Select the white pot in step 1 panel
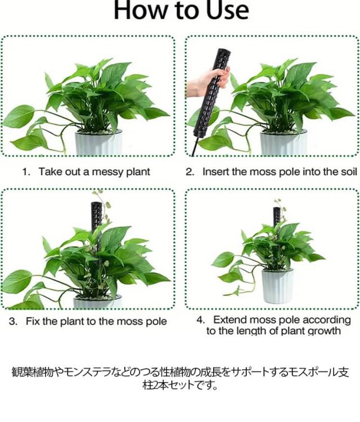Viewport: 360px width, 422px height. (98, 143)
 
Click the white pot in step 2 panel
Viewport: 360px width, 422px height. (283, 143)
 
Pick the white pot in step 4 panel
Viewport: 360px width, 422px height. (277, 286)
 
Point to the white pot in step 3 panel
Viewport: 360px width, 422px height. (97, 302)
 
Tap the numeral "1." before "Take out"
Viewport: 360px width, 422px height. (26, 172)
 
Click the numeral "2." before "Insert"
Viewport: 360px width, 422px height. (190, 172)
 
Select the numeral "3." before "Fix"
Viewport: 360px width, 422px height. (13, 321)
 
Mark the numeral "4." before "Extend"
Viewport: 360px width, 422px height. (201, 320)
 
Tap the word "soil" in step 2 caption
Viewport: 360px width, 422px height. (349, 172)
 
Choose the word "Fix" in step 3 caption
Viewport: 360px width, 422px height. (33, 321)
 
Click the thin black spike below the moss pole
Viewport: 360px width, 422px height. (195, 146)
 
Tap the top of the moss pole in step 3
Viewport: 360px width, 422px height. (96, 204)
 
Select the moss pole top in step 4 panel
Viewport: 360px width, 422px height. (277, 209)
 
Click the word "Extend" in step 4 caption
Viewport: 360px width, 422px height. (229, 320)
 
